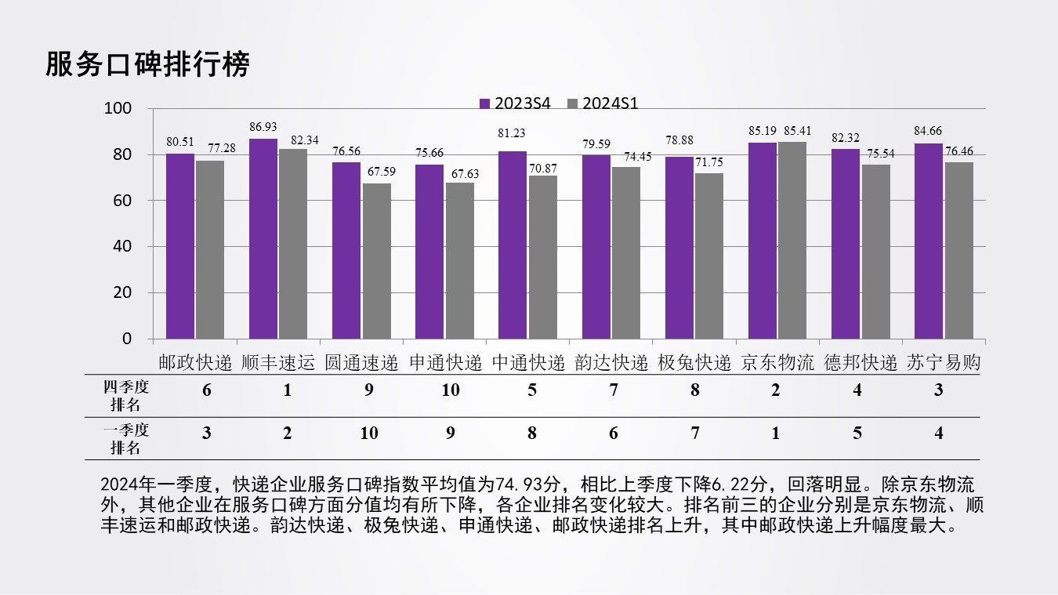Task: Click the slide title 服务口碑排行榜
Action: pyautogui.click(x=147, y=64)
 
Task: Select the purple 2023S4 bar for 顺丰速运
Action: pyautogui.click(x=263, y=238)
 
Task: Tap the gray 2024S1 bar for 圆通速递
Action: pyautogui.click(x=377, y=261)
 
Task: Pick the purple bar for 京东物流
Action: pyautogui.click(x=762, y=241)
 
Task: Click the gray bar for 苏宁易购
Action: pyautogui.click(x=958, y=250)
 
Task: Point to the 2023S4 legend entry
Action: pyautogui.click(x=516, y=103)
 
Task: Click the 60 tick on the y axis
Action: pyautogui.click(x=123, y=201)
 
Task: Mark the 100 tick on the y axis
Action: pyautogui.click(x=118, y=109)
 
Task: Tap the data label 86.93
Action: pyautogui.click(x=263, y=127)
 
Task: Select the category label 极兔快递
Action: pyautogui.click(x=694, y=363)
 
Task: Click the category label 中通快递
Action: pyautogui.click(x=528, y=363)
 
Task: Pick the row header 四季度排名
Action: pyautogui.click(x=125, y=396)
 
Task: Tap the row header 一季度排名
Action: pyautogui.click(x=125, y=439)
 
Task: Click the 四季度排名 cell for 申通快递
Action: pyautogui.click(x=450, y=390)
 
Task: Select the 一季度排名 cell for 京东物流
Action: pyautogui.click(x=775, y=433)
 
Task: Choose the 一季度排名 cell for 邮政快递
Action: pyautogui.click(x=207, y=433)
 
